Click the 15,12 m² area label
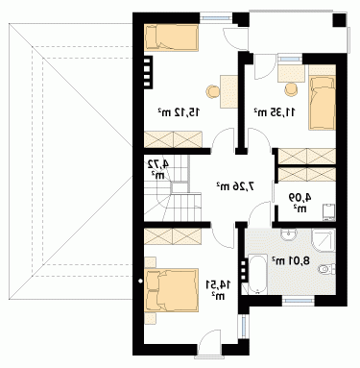click(x=179, y=112)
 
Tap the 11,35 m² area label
click(x=275, y=112)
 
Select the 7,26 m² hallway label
click(x=236, y=185)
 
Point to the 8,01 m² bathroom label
click(x=291, y=260)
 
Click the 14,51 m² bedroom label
click(x=219, y=290)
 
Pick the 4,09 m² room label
click(x=300, y=202)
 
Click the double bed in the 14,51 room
click(x=171, y=290)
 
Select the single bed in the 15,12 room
click(x=171, y=37)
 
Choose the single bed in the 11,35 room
click(x=322, y=103)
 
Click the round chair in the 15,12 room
click(x=213, y=92)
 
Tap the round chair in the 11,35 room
click(x=291, y=88)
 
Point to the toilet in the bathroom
click(x=327, y=269)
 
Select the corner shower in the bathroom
click(x=324, y=240)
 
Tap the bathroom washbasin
click(x=289, y=234)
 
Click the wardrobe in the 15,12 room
click(x=173, y=139)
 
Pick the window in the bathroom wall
click(x=298, y=300)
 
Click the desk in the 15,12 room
click(x=228, y=91)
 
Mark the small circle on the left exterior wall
click(x=140, y=281)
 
